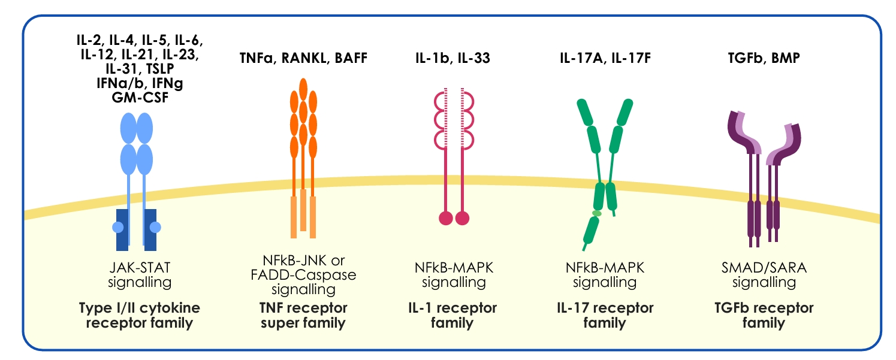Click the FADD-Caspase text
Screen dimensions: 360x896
(x=309, y=275)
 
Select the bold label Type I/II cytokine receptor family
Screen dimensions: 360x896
(x=139, y=316)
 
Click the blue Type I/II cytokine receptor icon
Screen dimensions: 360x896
(x=137, y=180)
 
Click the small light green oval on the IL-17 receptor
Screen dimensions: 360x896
(x=597, y=213)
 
